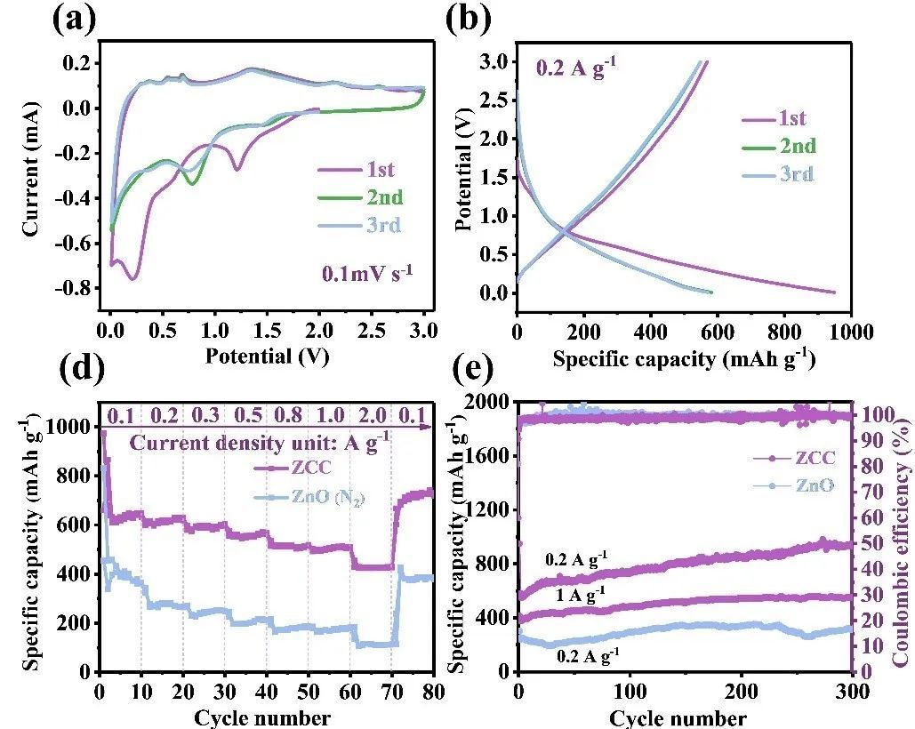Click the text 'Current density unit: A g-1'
tap(260, 442)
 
